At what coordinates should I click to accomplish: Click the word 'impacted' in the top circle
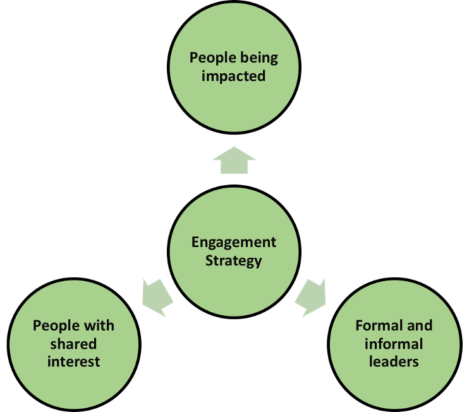[234, 76]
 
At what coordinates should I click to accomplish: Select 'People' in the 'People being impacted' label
[212, 59]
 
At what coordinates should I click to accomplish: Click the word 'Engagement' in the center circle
[234, 243]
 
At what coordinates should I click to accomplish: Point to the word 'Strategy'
[234, 260]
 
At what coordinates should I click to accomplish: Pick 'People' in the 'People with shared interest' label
[54, 326]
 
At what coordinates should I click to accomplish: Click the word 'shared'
[74, 344]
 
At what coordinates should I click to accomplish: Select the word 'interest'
[74, 361]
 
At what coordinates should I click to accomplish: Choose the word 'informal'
[394, 344]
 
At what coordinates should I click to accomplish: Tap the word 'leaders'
[394, 361]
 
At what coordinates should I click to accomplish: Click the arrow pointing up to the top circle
[234, 161]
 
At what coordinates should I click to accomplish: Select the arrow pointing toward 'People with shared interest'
[156, 295]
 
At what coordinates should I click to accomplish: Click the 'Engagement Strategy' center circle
[234, 278]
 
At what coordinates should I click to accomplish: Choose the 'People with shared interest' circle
[74, 385]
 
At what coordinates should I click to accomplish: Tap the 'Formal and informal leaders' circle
[394, 385]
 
